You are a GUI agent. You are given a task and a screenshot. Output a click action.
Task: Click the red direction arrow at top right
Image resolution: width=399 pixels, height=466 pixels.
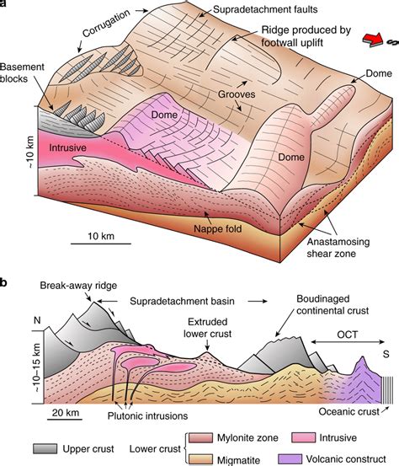373,40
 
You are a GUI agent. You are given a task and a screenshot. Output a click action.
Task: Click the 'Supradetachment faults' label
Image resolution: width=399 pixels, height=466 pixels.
265,9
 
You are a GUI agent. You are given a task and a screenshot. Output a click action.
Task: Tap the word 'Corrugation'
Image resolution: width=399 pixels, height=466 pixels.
106,23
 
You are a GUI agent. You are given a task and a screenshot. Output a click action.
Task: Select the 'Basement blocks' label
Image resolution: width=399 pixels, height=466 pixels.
22,72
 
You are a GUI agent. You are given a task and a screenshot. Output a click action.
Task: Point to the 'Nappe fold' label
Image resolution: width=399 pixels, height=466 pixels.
218,229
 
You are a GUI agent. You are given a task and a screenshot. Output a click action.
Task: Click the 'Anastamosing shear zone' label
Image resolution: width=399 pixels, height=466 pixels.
338,248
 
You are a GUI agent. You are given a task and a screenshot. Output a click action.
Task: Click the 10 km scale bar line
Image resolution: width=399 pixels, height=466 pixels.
101,244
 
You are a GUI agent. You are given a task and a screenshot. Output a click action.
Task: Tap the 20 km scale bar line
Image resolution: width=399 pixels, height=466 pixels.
66,420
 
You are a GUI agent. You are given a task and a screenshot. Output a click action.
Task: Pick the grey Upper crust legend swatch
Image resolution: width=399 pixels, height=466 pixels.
45,448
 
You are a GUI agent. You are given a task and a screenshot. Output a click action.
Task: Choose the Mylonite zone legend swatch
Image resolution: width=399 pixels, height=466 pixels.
201,437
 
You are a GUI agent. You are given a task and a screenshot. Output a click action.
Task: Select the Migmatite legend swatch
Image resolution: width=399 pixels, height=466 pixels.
201,459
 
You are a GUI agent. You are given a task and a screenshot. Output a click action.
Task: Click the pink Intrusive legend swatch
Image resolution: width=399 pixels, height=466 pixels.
303,437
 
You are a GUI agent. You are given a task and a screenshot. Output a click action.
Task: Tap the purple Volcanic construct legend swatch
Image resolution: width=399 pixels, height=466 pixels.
290,459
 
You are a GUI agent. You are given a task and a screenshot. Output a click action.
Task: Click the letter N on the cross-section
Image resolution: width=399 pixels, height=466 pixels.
37,320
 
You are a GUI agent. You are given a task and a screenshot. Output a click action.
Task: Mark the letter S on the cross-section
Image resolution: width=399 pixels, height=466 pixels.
386,354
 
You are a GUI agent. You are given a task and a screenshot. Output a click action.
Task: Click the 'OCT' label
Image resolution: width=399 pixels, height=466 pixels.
348,335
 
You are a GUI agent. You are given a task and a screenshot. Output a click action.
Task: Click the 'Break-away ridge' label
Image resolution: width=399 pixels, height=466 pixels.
78,286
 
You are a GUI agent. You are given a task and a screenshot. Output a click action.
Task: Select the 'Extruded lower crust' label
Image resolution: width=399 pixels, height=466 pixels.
207,328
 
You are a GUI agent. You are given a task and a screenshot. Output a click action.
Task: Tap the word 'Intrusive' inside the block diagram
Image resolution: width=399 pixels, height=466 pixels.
67,147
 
